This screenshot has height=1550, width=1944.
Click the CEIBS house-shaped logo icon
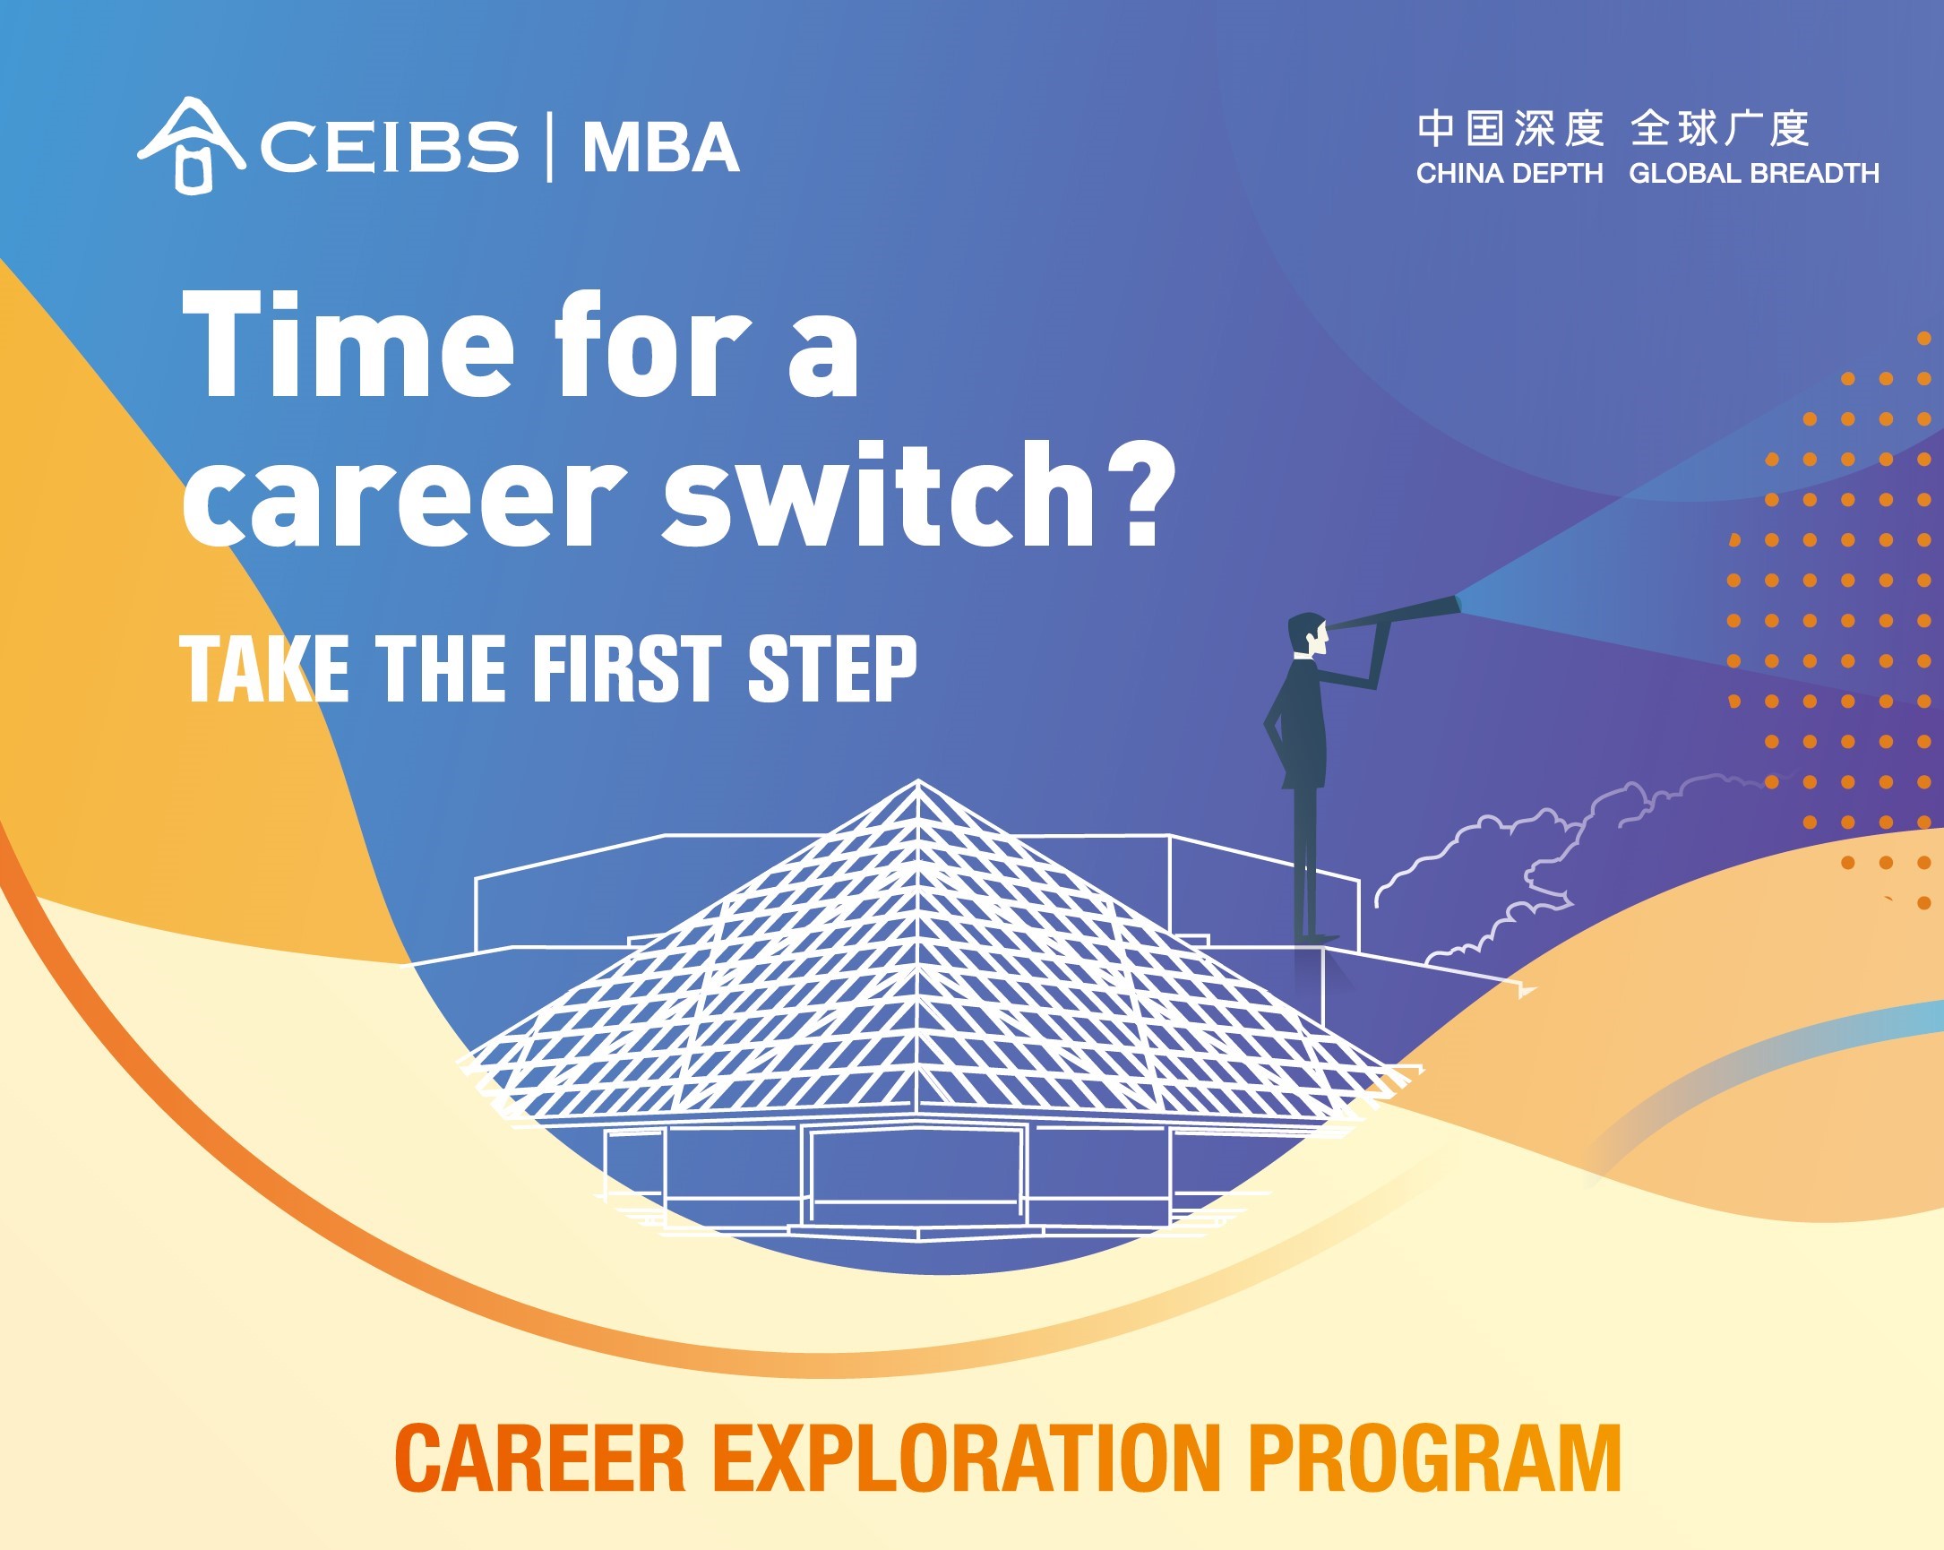point(190,145)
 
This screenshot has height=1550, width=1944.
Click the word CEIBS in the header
point(391,147)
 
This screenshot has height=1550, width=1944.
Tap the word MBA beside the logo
point(661,147)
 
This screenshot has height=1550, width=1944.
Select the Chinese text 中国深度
point(1510,128)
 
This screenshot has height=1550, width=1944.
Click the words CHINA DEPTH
point(1510,173)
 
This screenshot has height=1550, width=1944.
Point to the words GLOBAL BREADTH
point(1754,173)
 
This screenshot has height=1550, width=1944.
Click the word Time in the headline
point(349,344)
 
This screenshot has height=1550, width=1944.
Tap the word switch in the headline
point(878,495)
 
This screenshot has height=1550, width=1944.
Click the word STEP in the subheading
point(832,668)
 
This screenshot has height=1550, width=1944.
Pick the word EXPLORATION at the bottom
point(968,1458)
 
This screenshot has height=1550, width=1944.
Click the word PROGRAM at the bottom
point(1434,1458)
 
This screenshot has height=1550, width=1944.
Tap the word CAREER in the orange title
point(540,1458)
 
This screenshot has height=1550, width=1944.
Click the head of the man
point(1308,636)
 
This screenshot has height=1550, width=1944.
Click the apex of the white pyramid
point(918,781)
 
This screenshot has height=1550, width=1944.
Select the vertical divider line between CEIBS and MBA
point(550,147)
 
